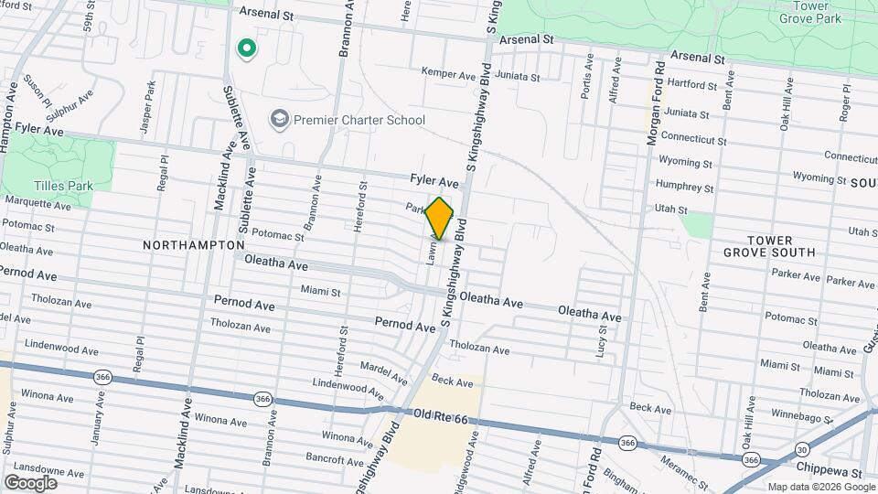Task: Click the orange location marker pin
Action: coord(440,219)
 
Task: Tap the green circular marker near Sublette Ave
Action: coord(245,48)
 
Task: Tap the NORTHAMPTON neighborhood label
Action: coord(194,245)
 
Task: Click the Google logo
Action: coord(30,482)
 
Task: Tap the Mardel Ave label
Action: coord(385,373)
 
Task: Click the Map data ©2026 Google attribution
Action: coord(820,486)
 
